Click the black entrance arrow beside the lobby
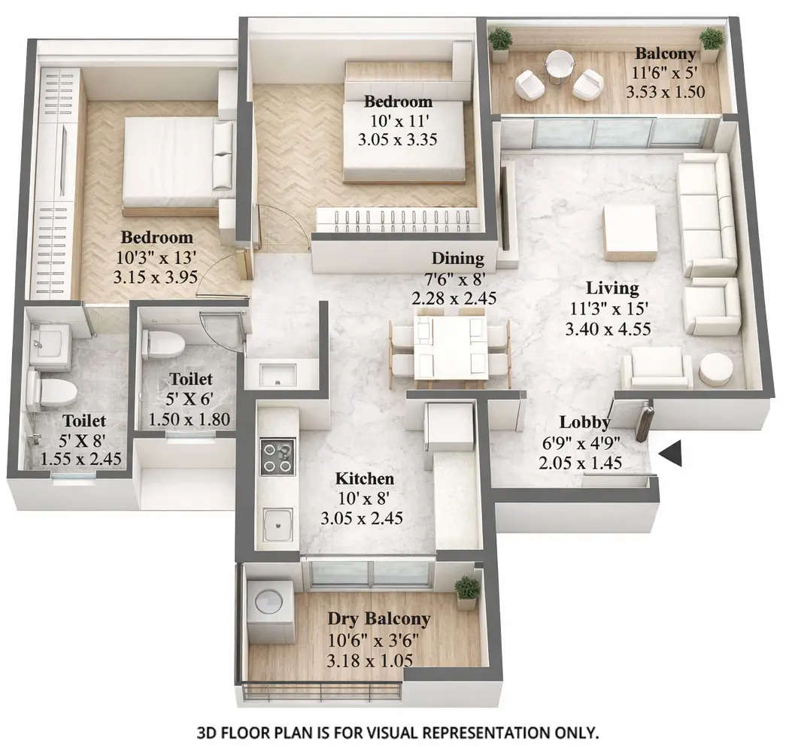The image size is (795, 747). pyautogui.click(x=671, y=454)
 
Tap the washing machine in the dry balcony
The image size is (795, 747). pyautogui.click(x=269, y=604)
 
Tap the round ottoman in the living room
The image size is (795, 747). pyautogui.click(x=716, y=369)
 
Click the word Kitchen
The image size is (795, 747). pyautogui.click(x=364, y=478)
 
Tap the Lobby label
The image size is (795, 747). pyautogui.click(x=584, y=422)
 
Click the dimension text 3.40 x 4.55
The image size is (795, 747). pyautogui.click(x=608, y=328)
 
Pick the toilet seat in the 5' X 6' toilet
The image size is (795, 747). pyautogui.click(x=164, y=344)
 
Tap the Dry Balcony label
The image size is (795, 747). pyautogui.click(x=378, y=619)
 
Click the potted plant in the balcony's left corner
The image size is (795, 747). pyautogui.click(x=501, y=44)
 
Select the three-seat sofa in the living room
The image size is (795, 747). pyautogui.click(x=705, y=214)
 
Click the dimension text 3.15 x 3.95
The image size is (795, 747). pyautogui.click(x=155, y=277)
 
